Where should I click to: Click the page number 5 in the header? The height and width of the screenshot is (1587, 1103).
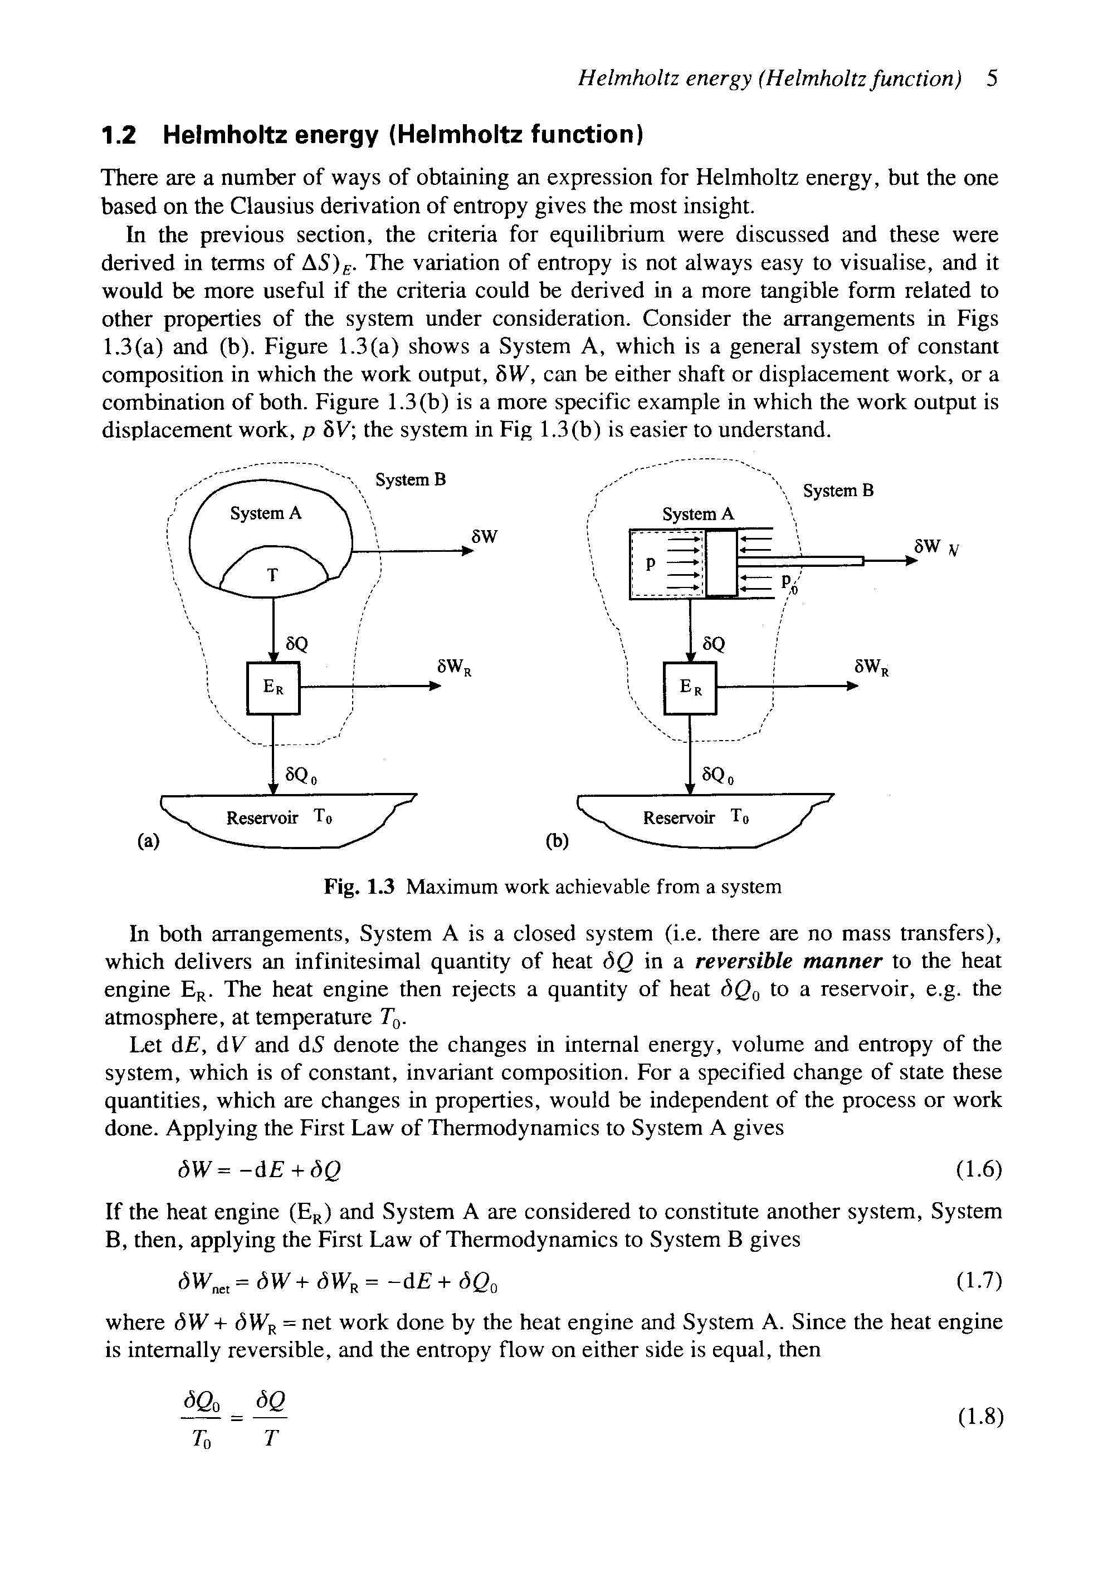click(x=993, y=79)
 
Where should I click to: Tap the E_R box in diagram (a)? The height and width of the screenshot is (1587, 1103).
click(x=273, y=688)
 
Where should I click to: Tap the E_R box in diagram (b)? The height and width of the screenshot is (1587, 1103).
click(x=690, y=688)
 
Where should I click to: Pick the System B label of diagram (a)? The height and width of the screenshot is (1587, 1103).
click(x=411, y=479)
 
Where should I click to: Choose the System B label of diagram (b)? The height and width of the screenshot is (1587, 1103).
click(x=838, y=491)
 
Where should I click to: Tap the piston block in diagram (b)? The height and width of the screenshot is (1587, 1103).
click(x=722, y=562)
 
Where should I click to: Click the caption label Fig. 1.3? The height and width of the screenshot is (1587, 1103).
click(x=359, y=886)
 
